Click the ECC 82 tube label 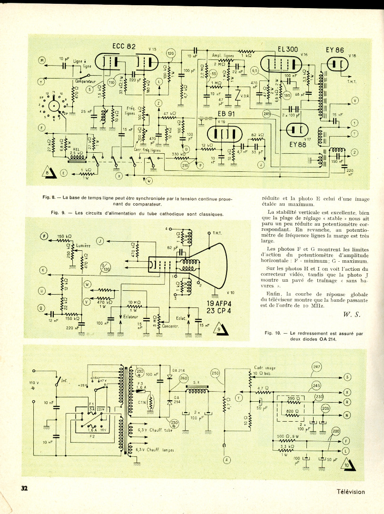[124, 46]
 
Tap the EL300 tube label [288, 49]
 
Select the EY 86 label [335, 49]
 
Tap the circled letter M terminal [42, 60]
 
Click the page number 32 [25, 488]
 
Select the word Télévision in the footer [351, 492]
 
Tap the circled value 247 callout [317, 366]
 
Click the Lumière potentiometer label [83, 246]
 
